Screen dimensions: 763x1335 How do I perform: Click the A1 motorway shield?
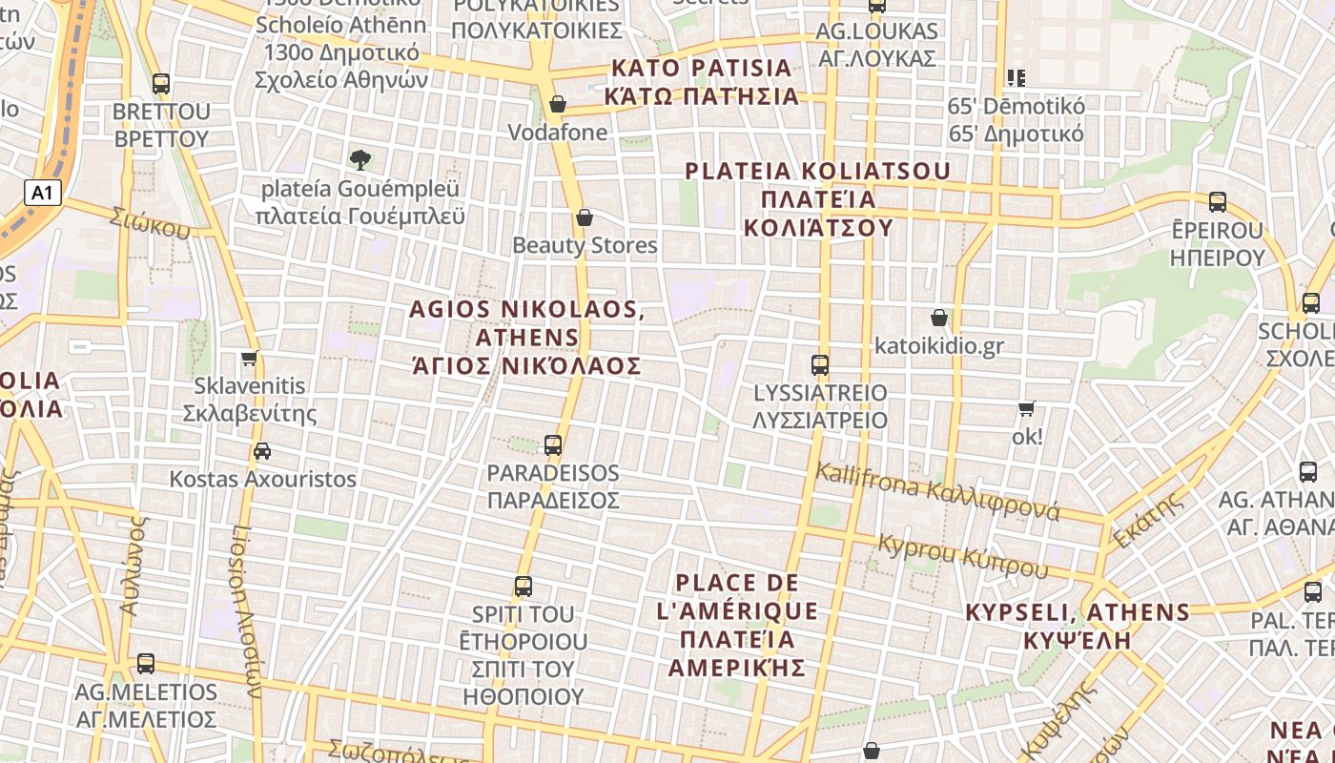pos(42,194)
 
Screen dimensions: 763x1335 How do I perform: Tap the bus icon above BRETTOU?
pos(161,84)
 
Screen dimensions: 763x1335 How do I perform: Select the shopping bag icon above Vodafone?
pos(558,104)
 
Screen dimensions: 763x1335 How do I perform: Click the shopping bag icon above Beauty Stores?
pos(585,217)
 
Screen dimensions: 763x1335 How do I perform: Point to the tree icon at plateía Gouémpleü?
pos(360,159)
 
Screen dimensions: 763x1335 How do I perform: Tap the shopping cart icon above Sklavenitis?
pos(250,359)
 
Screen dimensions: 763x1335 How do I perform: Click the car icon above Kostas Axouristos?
pos(262,451)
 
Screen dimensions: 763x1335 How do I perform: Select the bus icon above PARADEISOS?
pos(553,444)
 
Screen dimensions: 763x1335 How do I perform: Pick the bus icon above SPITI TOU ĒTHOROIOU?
pos(523,587)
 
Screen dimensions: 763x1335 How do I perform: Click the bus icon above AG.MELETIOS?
pos(146,663)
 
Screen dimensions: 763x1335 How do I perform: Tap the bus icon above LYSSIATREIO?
pos(820,364)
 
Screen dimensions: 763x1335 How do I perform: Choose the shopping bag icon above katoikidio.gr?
pos(939,318)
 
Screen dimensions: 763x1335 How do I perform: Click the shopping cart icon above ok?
pos(1027,409)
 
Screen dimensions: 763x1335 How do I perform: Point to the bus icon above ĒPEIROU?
pos(1218,202)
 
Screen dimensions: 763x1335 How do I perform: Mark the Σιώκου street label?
pos(150,222)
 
